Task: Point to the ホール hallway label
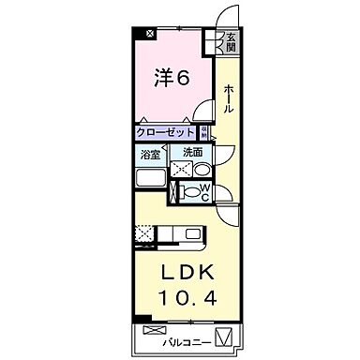[227, 98]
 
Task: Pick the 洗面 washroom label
[193, 153]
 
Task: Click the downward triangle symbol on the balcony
[222, 336]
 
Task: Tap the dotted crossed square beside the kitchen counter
[143, 234]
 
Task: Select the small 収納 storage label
[202, 133]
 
